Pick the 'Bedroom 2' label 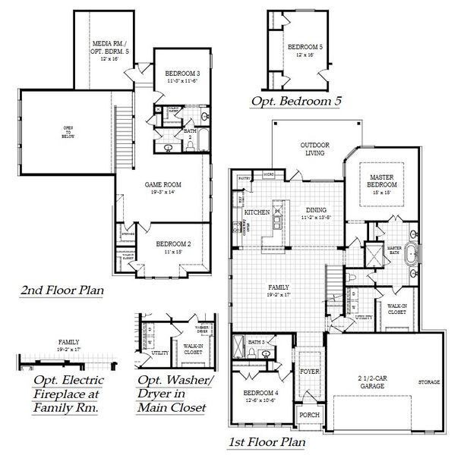click(172, 244)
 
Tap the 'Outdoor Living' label click(312, 148)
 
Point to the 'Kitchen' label click(257, 212)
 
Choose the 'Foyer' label click(309, 372)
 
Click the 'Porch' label click(309, 415)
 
